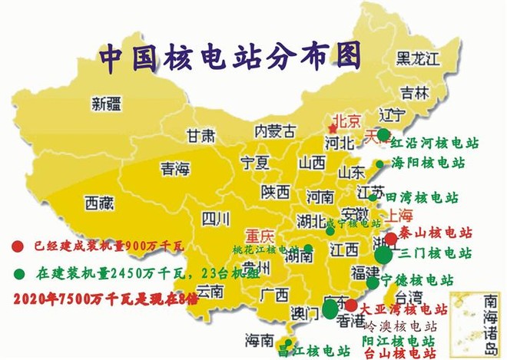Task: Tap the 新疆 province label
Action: coord(107,103)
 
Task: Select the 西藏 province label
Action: coord(99,203)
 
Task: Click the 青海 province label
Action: coord(174,169)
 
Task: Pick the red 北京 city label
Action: coord(345,121)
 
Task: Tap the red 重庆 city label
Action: coord(260,236)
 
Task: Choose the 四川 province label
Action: coord(216,220)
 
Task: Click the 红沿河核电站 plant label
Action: coord(435,143)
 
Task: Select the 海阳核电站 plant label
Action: coord(429,163)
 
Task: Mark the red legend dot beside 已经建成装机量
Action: coord(18,246)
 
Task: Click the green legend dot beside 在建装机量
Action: coord(18,272)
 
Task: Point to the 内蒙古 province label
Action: coord(274,132)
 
